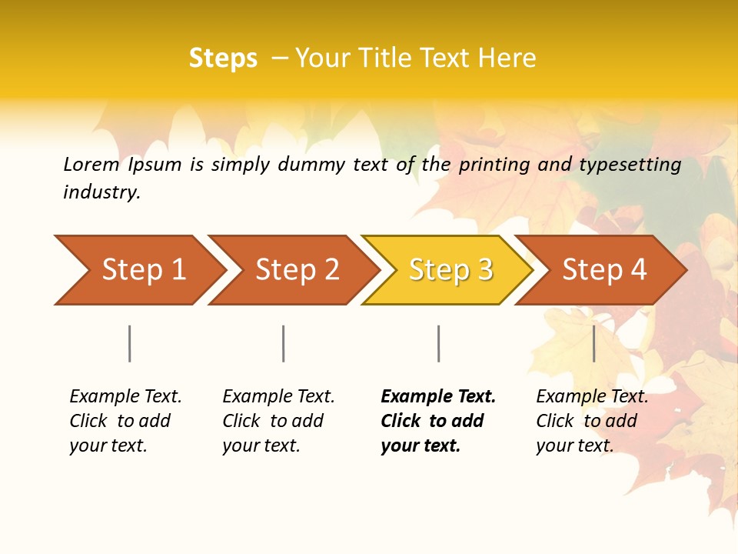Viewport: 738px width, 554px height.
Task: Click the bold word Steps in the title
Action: [x=223, y=58]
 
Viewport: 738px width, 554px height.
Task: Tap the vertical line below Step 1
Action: [x=130, y=343]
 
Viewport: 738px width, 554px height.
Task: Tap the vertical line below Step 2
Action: [x=284, y=343]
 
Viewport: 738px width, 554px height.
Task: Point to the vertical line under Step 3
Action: [x=439, y=343]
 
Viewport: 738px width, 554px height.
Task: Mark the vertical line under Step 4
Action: [x=594, y=343]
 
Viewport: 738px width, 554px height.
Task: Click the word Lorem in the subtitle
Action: [x=91, y=164]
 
